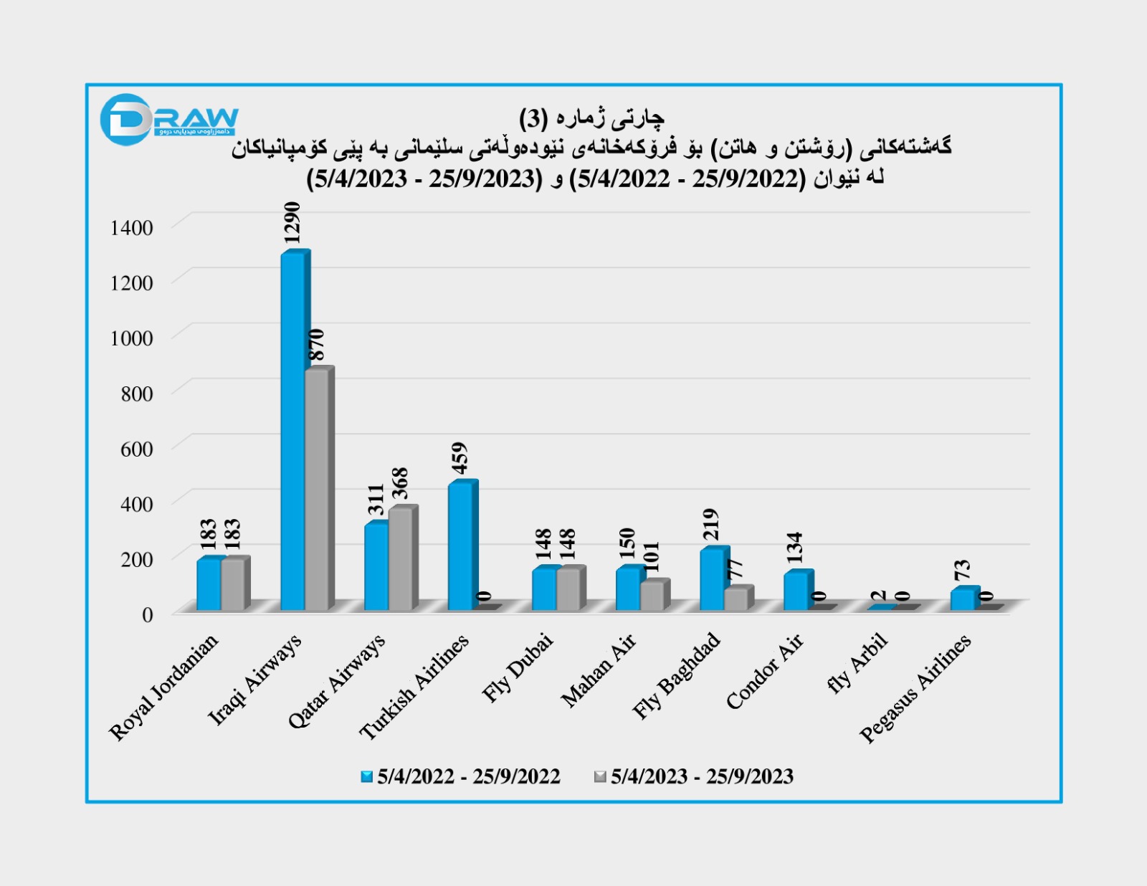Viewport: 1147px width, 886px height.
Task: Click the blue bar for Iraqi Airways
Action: (292, 430)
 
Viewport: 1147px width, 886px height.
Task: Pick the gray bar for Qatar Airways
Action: (401, 559)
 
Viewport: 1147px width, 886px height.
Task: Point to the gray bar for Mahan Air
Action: (652, 596)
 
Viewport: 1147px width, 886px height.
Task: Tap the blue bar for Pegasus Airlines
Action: (963, 599)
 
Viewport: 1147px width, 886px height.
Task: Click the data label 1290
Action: (292, 223)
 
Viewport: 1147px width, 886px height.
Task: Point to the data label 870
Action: (316, 345)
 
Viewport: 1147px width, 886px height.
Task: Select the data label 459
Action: (460, 458)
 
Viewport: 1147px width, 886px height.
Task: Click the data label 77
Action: (736, 569)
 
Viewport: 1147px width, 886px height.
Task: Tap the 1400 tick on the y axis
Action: (132, 228)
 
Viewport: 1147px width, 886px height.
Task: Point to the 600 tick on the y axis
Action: (137, 449)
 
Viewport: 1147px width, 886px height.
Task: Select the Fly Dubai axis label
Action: (518, 667)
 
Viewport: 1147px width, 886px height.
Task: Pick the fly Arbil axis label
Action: (857, 663)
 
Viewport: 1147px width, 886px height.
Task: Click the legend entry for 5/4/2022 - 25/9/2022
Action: (460, 776)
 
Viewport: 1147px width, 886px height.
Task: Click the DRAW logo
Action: (168, 119)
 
